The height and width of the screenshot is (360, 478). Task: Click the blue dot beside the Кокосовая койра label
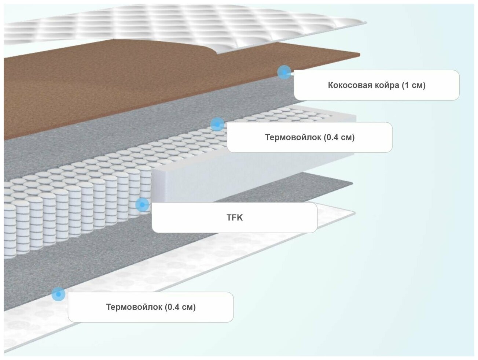tap(284, 72)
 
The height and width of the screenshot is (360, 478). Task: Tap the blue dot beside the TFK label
tap(142, 204)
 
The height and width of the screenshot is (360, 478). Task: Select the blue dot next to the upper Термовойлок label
tap(217, 125)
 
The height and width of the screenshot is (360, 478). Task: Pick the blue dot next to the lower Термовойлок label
tap(58, 294)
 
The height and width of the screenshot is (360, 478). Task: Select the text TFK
tap(235, 218)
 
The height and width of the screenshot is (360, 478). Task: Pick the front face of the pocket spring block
tap(73, 216)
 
